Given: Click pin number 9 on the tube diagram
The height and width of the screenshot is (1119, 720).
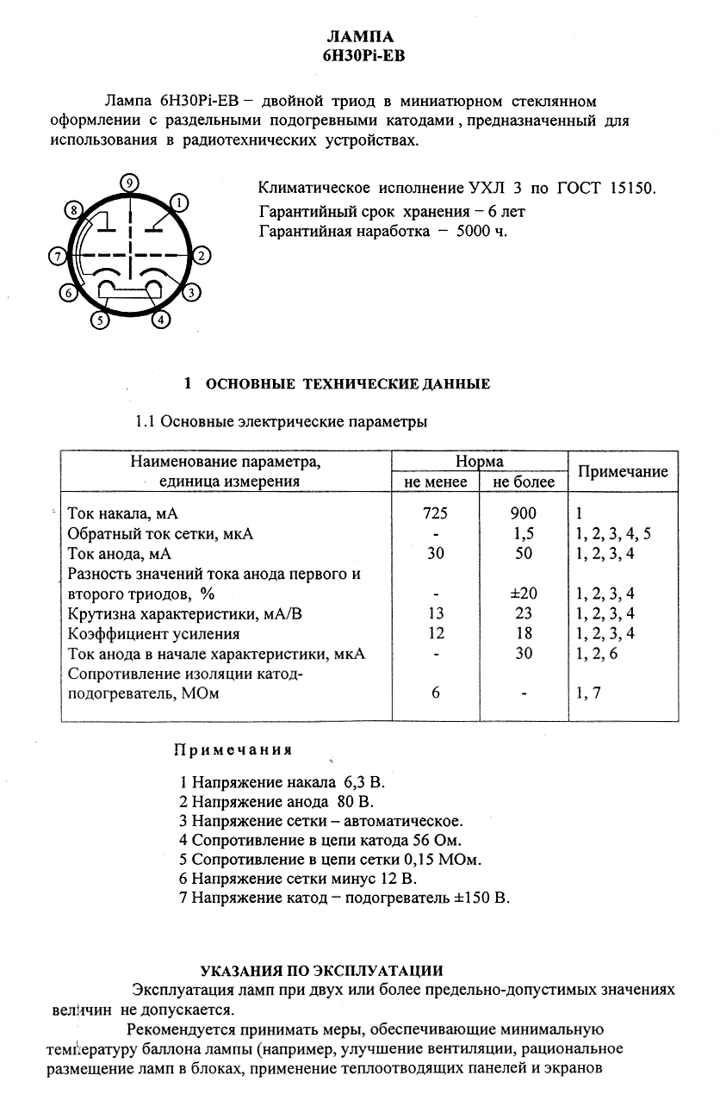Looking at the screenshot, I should pyautogui.click(x=128, y=182).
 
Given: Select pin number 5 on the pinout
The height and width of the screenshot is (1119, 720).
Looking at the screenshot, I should pyautogui.click(x=100, y=320).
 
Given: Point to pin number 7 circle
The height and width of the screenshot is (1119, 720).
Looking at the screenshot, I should pyautogui.click(x=57, y=256).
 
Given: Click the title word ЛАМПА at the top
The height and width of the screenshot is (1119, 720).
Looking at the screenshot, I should pyautogui.click(x=361, y=37).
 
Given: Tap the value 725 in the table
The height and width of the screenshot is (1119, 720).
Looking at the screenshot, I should pyautogui.click(x=436, y=514).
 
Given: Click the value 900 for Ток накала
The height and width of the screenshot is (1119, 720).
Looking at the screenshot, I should pyautogui.click(x=523, y=514).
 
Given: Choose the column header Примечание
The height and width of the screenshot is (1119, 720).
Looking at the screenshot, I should pyautogui.click(x=622, y=471).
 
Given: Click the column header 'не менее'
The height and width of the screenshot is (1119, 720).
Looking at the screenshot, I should pyautogui.click(x=436, y=482).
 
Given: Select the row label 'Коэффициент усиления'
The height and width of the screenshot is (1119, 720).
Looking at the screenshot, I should pyautogui.click(x=143, y=633).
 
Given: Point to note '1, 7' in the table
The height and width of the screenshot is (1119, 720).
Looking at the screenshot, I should pyautogui.click(x=593, y=693).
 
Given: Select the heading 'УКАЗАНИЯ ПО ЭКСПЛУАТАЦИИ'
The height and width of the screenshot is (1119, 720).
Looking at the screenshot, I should pyautogui.click(x=322, y=969).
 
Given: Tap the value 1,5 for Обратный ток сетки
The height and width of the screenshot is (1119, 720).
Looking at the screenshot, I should pyautogui.click(x=523, y=534).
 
